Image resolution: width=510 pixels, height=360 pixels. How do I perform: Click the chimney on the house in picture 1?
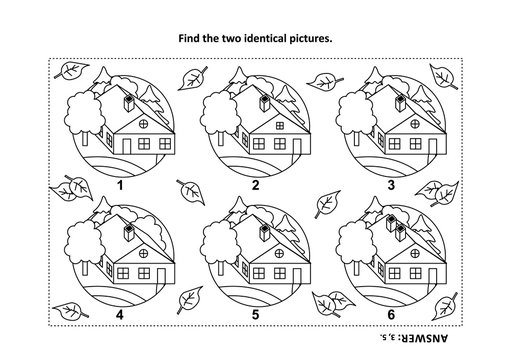tap(129, 101)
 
